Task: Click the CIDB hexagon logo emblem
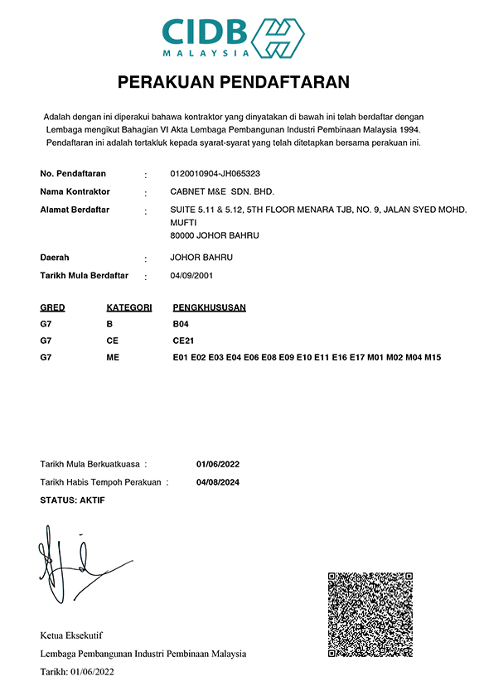(278, 36)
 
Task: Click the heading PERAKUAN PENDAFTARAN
(234, 82)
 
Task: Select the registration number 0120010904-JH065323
(215, 174)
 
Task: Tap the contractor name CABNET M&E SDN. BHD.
(221, 191)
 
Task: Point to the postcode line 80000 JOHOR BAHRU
(214, 235)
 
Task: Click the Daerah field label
(55, 258)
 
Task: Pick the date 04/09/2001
(190, 275)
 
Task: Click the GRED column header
(52, 307)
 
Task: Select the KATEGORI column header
(129, 307)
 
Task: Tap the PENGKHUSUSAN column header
(209, 307)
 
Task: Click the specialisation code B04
(181, 324)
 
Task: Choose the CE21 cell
(183, 341)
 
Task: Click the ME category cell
(114, 357)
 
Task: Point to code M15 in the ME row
(432, 357)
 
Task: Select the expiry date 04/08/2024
(218, 482)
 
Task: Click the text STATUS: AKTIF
(72, 500)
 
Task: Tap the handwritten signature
(70, 563)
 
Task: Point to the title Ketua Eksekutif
(71, 635)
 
